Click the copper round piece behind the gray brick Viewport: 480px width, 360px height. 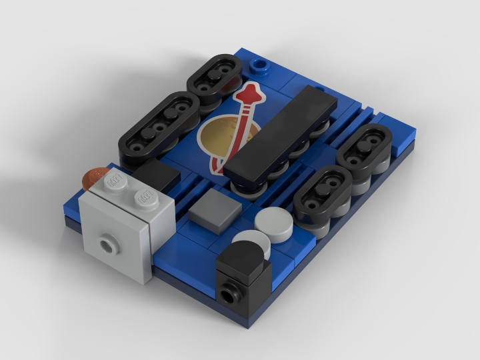(92, 178)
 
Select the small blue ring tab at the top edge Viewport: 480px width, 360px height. (260, 65)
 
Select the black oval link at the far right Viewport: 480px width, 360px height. (365, 152)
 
